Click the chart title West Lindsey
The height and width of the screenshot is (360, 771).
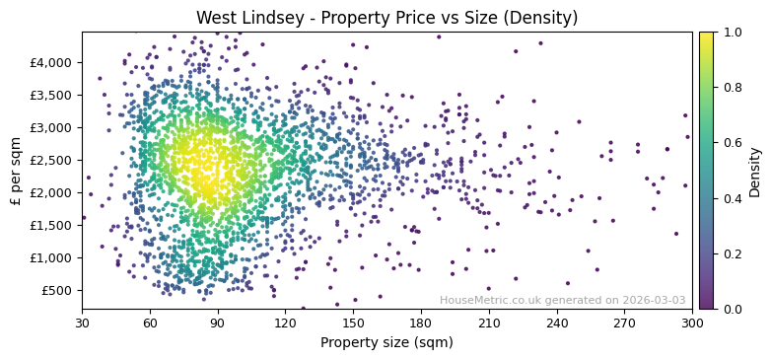point(386,18)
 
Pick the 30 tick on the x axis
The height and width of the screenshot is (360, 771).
point(82,324)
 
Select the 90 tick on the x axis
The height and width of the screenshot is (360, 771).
point(218,324)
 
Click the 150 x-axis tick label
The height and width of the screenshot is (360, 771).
point(353,324)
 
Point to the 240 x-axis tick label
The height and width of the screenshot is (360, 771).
point(557,324)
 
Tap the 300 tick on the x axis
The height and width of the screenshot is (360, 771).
point(692,324)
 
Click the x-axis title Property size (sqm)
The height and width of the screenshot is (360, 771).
point(386,343)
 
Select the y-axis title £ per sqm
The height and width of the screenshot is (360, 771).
point(16,171)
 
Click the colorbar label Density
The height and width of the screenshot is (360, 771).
point(754,171)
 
